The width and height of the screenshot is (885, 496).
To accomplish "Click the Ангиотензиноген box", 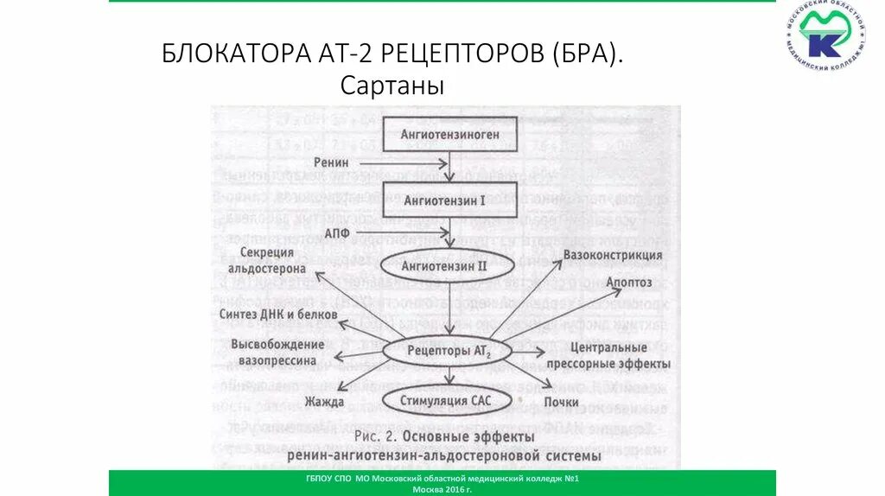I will coord(449,134).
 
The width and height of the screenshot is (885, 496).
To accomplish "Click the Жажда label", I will coord(324,402).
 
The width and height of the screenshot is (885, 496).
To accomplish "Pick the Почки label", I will coord(561,403).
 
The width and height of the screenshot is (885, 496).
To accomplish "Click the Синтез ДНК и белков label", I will coord(277,315).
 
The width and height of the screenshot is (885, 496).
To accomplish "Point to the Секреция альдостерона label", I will coord(268,260).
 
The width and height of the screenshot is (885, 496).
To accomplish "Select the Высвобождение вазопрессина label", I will coord(277,351).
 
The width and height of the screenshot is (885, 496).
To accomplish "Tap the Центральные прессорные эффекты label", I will coord(609,356).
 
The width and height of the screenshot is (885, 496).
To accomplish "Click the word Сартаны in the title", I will coord(392,86).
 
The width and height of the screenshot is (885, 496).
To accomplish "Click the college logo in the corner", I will coord(826,36).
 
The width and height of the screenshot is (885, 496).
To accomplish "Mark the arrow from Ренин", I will coord(403,162).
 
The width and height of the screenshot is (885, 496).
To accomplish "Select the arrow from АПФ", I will coord(403,232).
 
